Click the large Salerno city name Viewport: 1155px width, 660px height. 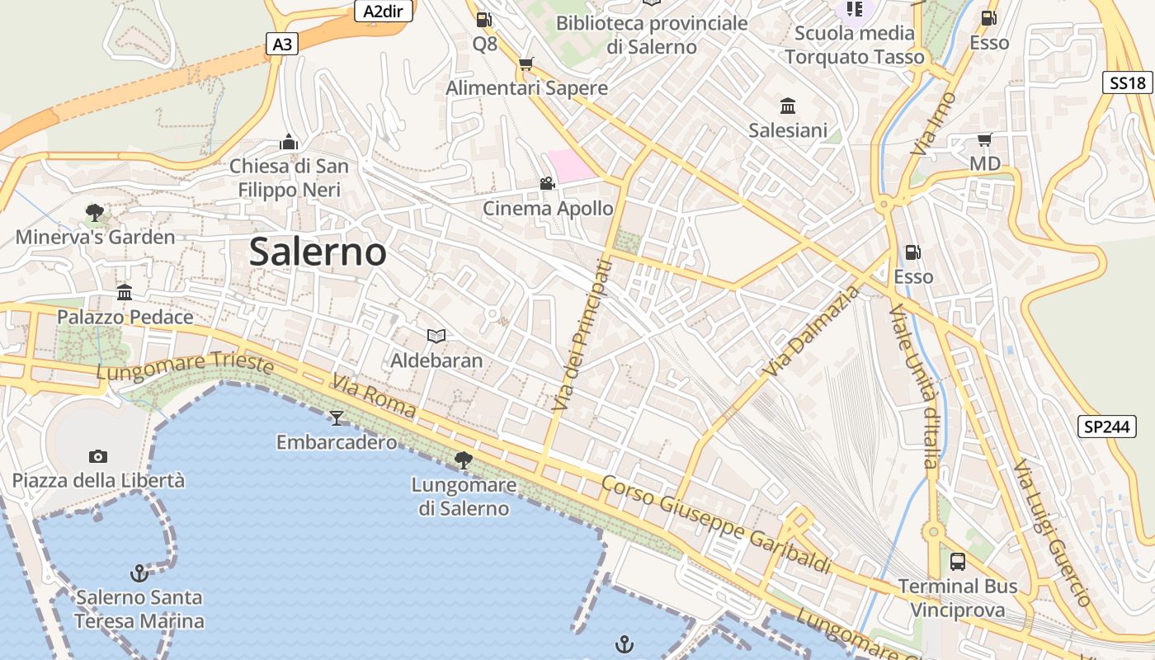(318, 252)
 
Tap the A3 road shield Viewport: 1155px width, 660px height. (282, 45)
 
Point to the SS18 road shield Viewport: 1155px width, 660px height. (1128, 82)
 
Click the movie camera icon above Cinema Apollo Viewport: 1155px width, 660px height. (547, 183)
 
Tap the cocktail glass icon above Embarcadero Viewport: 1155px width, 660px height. (336, 417)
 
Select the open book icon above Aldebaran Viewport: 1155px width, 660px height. (436, 336)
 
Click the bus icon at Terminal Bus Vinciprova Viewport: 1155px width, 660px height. (958, 562)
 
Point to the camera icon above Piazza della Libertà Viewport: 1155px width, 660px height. (98, 456)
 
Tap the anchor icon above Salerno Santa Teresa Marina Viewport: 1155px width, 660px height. (139, 572)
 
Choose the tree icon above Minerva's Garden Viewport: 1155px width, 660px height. (95, 213)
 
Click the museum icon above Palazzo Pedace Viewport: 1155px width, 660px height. (125, 292)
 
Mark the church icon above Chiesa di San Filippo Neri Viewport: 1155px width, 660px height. (288, 142)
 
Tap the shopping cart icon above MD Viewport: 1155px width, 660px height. (984, 139)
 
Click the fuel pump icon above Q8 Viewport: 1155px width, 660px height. (484, 19)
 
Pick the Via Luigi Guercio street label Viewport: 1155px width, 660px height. (1051, 532)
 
